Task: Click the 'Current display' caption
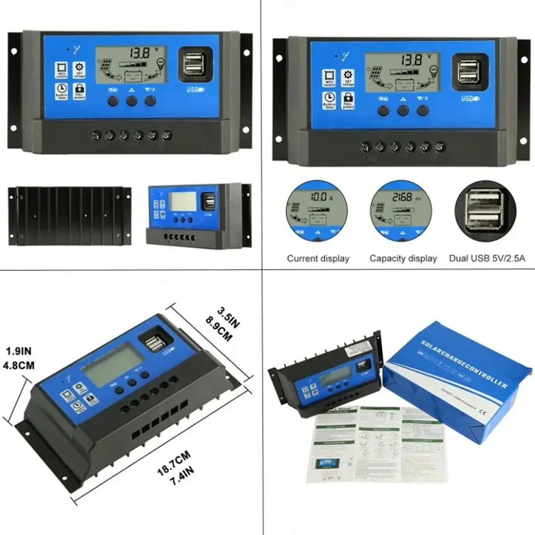pyautogui.click(x=318, y=259)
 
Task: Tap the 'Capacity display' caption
pyautogui.click(x=403, y=259)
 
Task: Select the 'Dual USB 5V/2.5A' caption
pyautogui.click(x=485, y=259)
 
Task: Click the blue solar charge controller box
pyautogui.click(x=457, y=379)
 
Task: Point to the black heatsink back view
pyautogui.click(x=70, y=216)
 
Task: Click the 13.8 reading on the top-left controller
pyautogui.click(x=139, y=54)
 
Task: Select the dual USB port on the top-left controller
pyautogui.click(x=192, y=62)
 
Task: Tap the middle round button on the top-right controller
pyautogui.click(x=403, y=110)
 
